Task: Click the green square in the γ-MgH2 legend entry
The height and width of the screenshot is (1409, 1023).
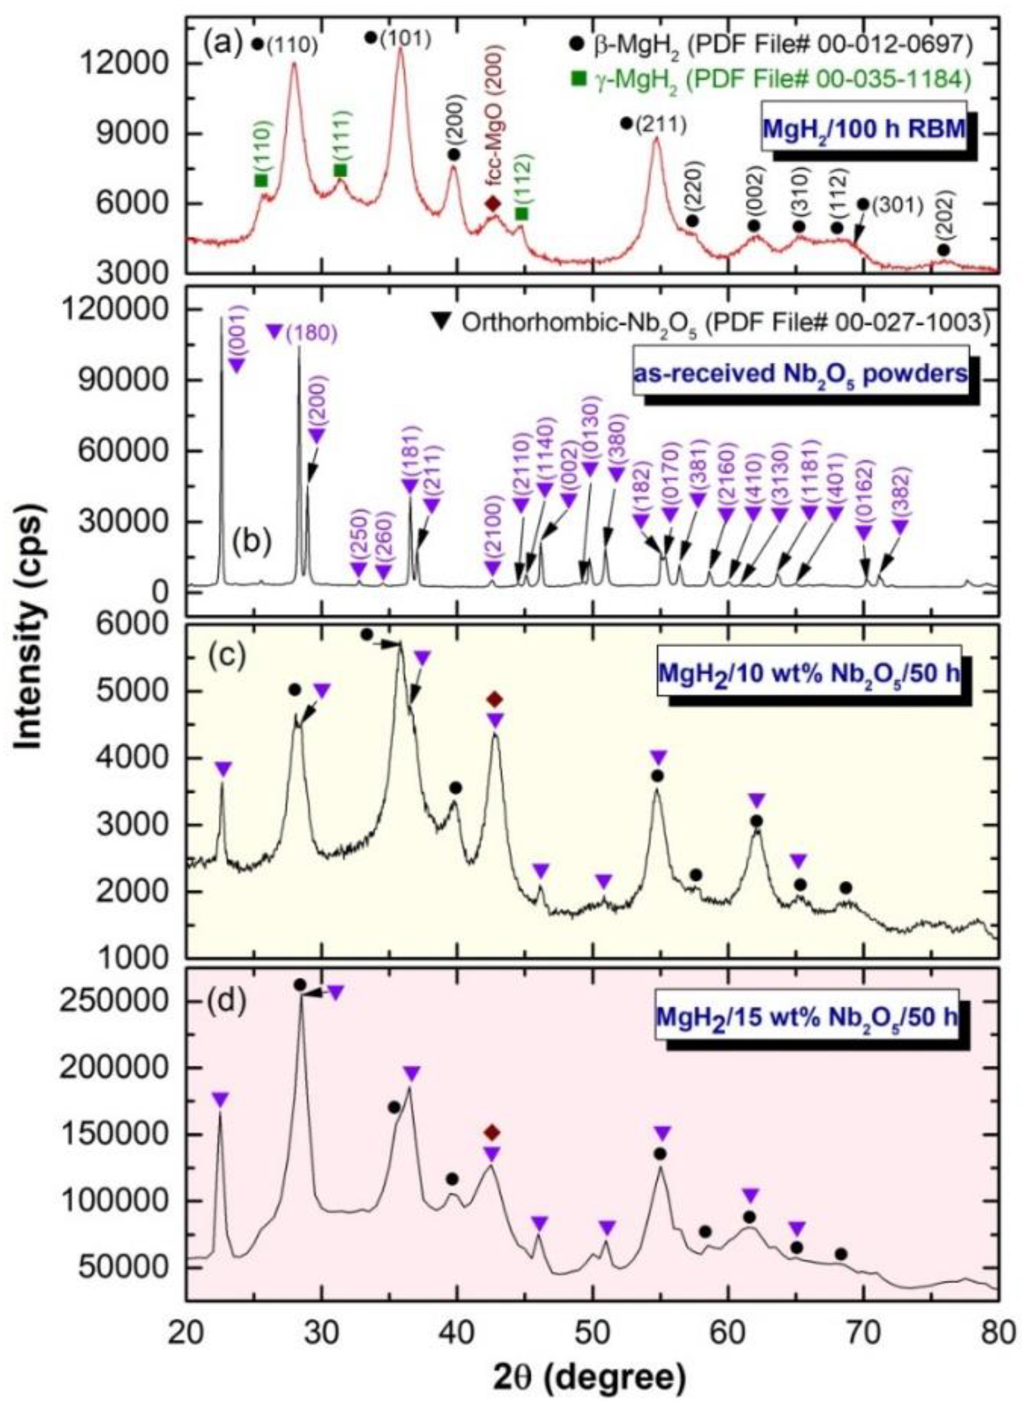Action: (579, 79)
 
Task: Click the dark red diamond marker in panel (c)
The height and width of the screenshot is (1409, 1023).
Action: (494, 700)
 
